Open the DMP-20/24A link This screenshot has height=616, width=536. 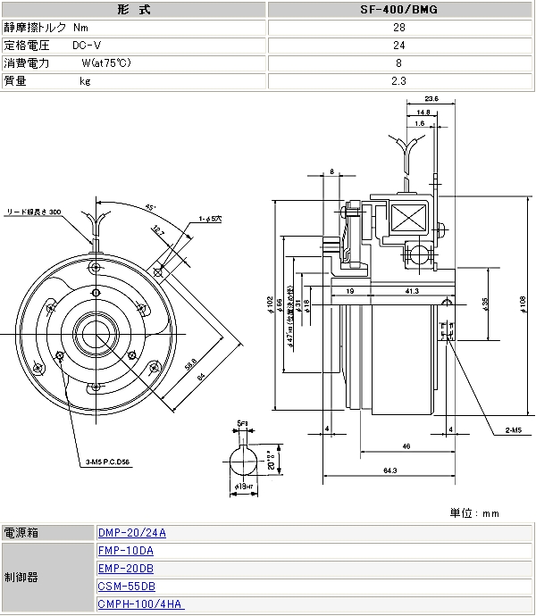click(x=131, y=534)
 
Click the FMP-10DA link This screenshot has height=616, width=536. click(x=125, y=551)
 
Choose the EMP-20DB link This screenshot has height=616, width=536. click(x=125, y=569)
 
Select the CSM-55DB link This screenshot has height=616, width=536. click(x=125, y=587)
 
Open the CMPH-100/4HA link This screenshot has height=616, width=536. click(x=140, y=604)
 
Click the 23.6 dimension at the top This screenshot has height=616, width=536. click(x=431, y=98)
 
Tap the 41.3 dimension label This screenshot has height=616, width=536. click(x=411, y=291)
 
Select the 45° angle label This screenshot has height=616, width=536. click(x=150, y=207)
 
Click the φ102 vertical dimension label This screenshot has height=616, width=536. click(x=271, y=304)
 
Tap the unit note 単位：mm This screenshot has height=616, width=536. click(x=474, y=513)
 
